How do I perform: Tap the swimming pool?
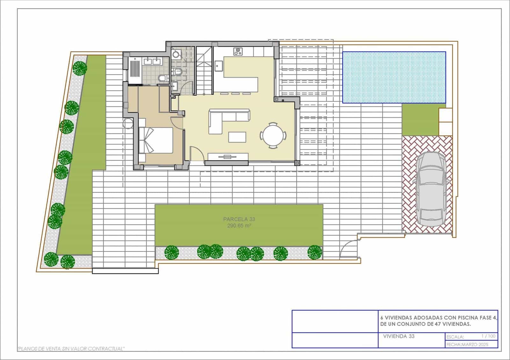(394, 77)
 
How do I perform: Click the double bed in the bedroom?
(156, 140)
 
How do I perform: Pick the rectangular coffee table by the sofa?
(237, 137)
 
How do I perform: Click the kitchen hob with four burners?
(238, 51)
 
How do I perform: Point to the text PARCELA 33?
(239, 219)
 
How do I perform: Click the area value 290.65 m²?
(239, 226)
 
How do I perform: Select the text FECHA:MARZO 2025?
(467, 344)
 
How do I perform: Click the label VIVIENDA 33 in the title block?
(398, 336)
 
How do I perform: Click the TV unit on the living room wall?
(228, 156)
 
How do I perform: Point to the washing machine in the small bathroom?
(176, 54)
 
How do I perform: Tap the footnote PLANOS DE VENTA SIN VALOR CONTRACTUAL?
(71, 349)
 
